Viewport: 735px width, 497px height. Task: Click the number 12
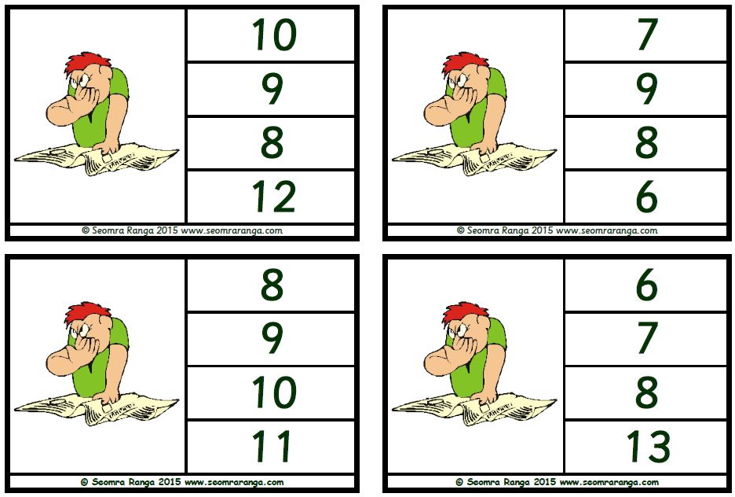(274, 197)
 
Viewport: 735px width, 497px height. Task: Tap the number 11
(272, 447)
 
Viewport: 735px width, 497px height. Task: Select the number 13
(649, 447)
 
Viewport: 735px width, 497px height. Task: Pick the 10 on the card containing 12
(274, 35)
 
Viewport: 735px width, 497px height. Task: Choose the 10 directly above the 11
(274, 392)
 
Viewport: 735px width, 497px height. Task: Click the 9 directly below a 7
(647, 89)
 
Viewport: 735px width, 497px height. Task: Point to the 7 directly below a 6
(647, 338)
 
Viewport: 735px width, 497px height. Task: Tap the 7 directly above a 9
(647, 35)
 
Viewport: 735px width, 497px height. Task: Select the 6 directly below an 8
(647, 197)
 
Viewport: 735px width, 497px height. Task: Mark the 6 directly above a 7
(647, 285)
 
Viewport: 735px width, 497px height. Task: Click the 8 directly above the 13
(647, 392)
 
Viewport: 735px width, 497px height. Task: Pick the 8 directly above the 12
(272, 142)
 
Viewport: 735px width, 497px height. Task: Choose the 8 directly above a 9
(272, 285)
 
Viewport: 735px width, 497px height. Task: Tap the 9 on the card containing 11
(272, 338)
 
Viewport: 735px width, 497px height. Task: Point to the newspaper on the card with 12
(97, 160)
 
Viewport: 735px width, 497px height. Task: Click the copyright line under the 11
(182, 482)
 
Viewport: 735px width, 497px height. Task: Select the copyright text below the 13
(557, 482)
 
